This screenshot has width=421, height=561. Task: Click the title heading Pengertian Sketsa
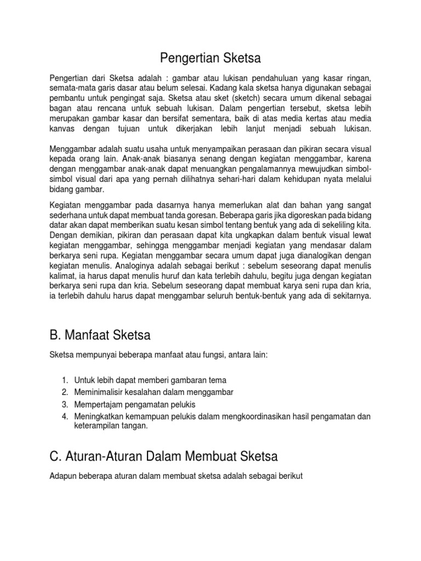(x=210, y=58)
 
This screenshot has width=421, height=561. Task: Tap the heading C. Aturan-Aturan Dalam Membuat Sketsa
(x=164, y=456)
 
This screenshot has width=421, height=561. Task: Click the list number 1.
(x=64, y=380)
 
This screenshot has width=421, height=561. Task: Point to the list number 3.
(x=64, y=404)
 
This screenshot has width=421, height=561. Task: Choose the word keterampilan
(x=96, y=426)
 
